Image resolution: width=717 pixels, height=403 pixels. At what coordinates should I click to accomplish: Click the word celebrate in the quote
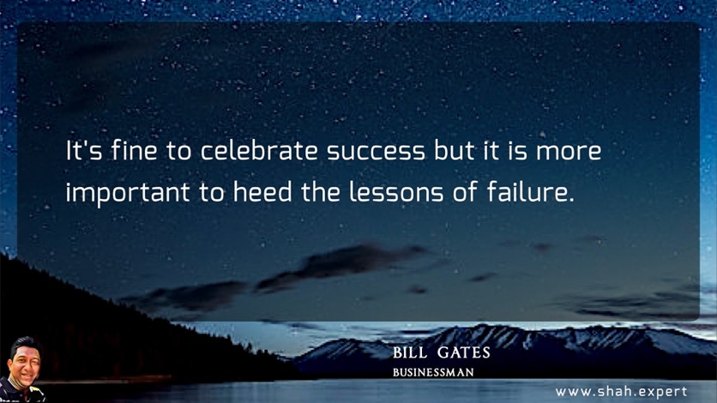pyautogui.click(x=259, y=150)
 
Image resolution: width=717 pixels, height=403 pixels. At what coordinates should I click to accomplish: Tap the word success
pyautogui.click(x=376, y=152)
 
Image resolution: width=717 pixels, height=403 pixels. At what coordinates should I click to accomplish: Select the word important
pyautogui.click(x=128, y=192)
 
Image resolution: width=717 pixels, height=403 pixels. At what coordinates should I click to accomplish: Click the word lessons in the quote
pyautogui.click(x=396, y=191)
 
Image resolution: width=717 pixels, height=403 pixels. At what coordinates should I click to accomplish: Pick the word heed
pyautogui.click(x=262, y=191)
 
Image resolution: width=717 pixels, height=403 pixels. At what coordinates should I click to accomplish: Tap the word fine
pyautogui.click(x=134, y=150)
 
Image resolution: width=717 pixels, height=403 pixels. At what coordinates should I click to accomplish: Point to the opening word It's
pyautogui.click(x=84, y=150)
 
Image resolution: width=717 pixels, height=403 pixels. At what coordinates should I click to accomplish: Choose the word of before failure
pyautogui.click(x=465, y=191)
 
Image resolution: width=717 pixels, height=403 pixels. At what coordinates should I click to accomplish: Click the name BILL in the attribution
pyautogui.click(x=410, y=352)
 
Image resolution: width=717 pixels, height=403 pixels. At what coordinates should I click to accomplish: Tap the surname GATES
pyautogui.click(x=463, y=352)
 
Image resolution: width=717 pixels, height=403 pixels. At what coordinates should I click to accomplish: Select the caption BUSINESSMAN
pyautogui.click(x=433, y=372)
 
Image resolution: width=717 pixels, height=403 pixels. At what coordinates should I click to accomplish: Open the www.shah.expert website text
pyautogui.click(x=621, y=392)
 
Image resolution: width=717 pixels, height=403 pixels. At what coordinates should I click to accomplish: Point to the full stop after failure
pyautogui.click(x=570, y=200)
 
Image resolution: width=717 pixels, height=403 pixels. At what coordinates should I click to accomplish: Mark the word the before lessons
pyautogui.click(x=321, y=191)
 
